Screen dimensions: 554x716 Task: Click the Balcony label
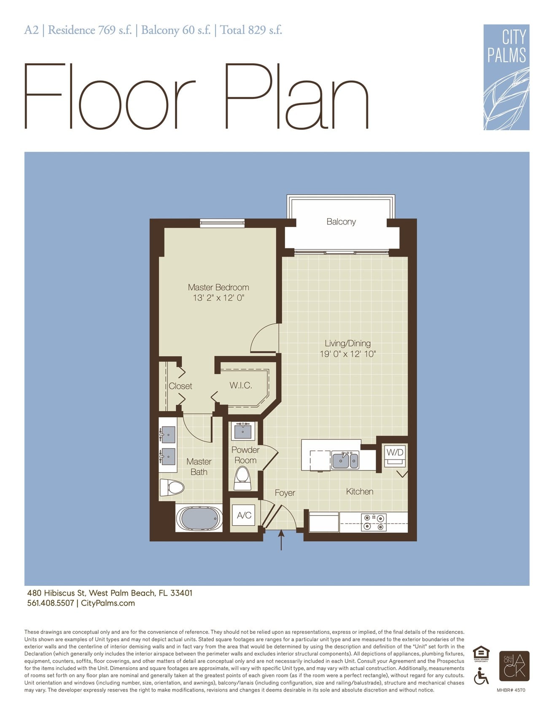point(341,222)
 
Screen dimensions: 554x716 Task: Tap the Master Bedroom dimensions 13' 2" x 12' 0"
point(218,298)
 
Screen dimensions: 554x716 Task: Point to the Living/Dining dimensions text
point(347,354)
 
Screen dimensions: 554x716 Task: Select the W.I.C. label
point(241,385)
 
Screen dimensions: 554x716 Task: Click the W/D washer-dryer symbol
point(395,456)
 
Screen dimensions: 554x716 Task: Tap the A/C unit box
point(244,515)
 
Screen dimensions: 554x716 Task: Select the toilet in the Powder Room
point(242,478)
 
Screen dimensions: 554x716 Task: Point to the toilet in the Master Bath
point(172,488)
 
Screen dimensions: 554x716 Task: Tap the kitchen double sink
point(345,460)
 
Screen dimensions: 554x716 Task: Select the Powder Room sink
point(242,431)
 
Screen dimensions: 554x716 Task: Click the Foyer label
point(285,493)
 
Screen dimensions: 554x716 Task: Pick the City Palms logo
point(506,77)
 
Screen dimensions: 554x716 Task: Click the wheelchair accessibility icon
point(481,676)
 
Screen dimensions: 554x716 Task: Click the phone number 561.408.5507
point(51,603)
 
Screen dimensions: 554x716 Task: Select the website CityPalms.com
point(108,603)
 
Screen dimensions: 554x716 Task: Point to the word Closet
point(180,386)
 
